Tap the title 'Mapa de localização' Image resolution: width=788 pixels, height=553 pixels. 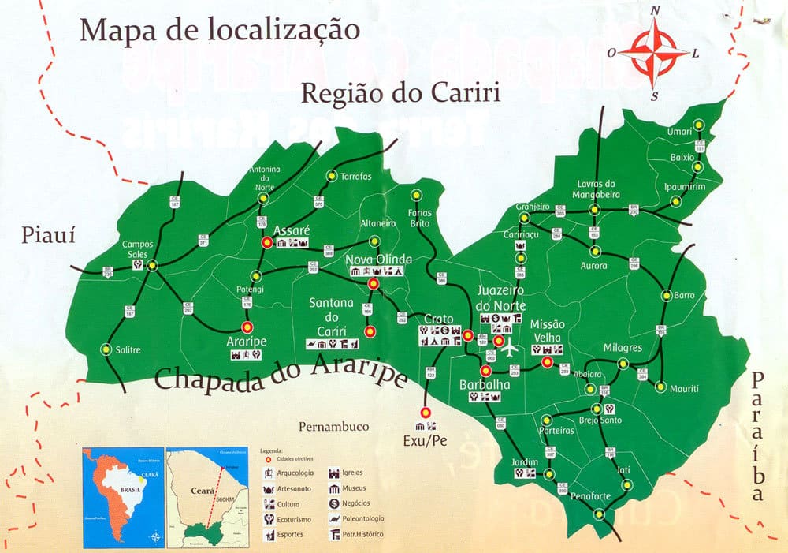[x=220, y=30]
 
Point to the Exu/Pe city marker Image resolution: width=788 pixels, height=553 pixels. [x=426, y=412]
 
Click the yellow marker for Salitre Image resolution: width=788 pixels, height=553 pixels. [x=106, y=349]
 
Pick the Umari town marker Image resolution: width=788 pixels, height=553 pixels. [x=697, y=125]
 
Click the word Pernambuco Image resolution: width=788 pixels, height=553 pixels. [x=333, y=426]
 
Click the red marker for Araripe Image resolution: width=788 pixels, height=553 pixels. [x=247, y=326]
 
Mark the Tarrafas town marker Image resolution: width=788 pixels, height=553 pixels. [x=332, y=176]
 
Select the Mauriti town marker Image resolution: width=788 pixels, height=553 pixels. [x=661, y=387]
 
